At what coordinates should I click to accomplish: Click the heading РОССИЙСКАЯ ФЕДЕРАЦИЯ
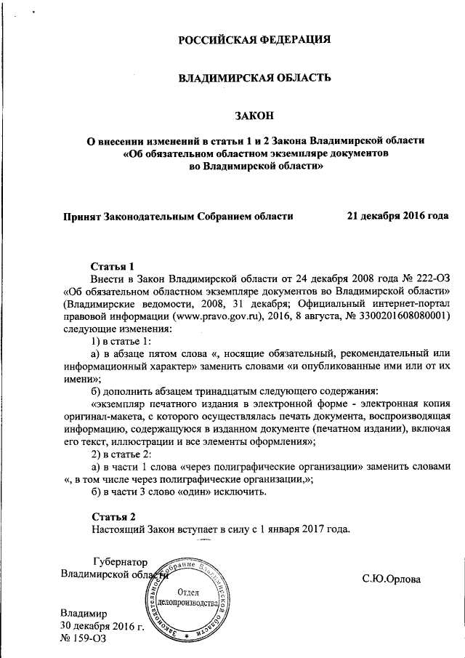254,39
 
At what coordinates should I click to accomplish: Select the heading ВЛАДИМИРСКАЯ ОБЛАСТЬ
254,76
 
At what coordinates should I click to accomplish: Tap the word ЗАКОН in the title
254,114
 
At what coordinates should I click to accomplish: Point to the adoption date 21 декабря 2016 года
397,216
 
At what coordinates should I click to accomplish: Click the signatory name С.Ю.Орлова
392,579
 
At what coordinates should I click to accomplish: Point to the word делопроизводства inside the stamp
192,605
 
